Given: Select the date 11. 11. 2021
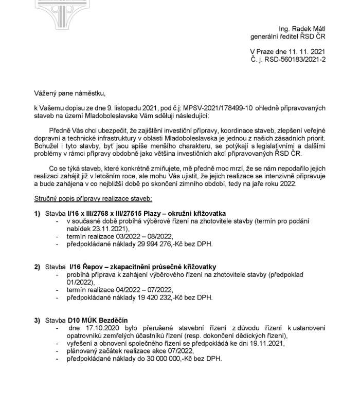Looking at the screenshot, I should (302, 52).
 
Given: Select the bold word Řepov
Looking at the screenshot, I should (95, 267).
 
